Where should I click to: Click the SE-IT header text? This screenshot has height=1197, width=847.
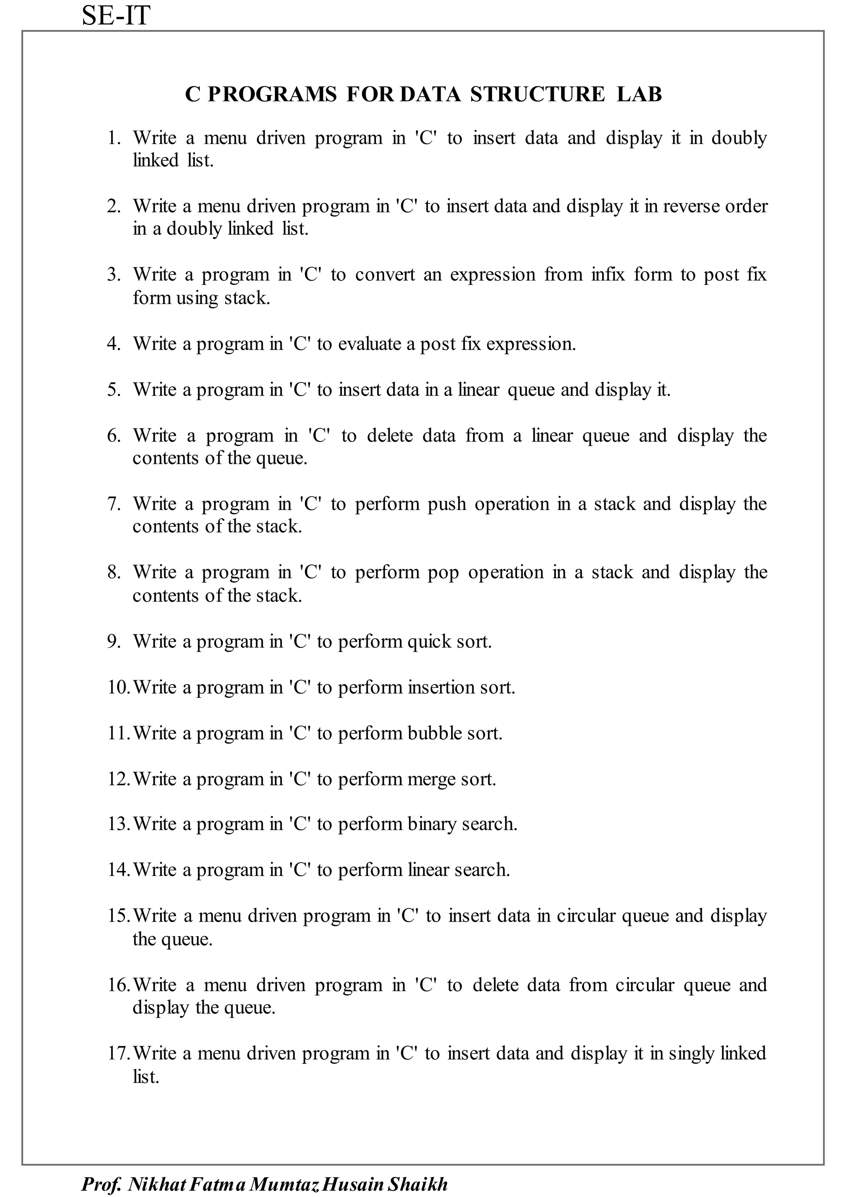coord(116,16)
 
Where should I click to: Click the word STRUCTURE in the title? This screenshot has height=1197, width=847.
coord(537,94)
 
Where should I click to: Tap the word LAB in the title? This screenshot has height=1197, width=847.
coord(639,94)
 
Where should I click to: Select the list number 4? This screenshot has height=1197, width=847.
coord(113,344)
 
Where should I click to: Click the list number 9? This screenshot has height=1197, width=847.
coord(113,641)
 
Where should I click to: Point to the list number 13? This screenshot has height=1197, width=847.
coord(118,824)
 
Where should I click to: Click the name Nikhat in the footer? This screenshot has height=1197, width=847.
coord(157,1184)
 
